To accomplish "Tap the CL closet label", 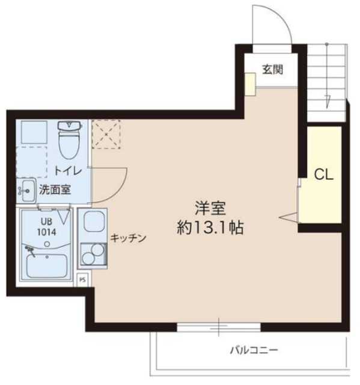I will (x=325, y=175).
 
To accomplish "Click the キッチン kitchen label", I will (x=128, y=238).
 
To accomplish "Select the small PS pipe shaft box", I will (x=83, y=279).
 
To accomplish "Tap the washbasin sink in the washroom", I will (x=26, y=190).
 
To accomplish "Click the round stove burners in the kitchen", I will (x=92, y=254).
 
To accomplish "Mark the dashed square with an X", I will (x=106, y=133).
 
